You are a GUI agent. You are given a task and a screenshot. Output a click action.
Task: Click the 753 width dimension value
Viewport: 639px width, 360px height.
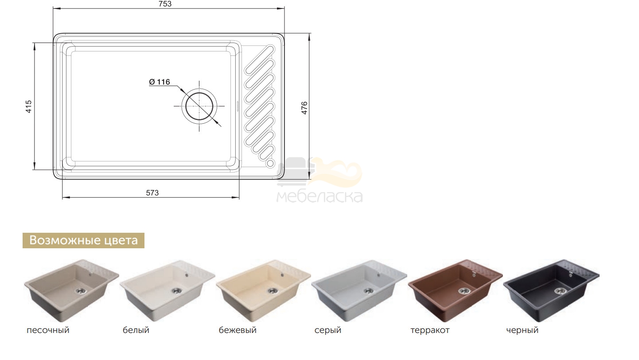point(165,4)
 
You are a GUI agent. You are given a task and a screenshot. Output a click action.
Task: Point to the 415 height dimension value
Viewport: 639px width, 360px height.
point(28,106)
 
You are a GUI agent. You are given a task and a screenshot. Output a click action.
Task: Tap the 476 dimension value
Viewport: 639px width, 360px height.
point(304,108)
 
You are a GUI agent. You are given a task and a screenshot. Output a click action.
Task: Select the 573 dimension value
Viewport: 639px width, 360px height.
point(152,193)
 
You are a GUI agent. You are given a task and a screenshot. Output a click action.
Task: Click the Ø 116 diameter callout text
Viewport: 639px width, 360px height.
point(160,82)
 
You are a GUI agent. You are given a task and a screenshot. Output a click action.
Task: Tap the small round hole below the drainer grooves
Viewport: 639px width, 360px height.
point(270,163)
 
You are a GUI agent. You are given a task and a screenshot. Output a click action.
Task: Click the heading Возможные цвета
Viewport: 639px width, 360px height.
point(84,240)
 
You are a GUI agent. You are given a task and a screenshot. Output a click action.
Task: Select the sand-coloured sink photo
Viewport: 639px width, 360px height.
point(71,290)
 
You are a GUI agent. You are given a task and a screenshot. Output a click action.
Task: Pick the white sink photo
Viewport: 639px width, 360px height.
point(168,290)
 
